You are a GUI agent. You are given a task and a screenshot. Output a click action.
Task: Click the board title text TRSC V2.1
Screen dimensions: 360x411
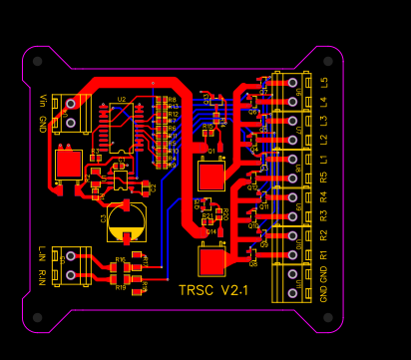pos(212,290)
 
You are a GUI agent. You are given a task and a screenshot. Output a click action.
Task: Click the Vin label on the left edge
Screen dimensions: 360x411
pos(42,102)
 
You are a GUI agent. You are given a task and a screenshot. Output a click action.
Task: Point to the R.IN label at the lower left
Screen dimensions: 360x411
pos(42,273)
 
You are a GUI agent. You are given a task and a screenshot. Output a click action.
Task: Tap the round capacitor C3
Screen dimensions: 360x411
pos(127,221)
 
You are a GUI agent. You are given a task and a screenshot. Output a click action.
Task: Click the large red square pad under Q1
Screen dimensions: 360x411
pos(211,177)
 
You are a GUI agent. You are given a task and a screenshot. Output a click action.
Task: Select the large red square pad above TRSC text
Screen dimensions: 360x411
pos(211,261)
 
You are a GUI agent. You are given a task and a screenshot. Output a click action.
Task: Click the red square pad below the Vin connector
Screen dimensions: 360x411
pos(69,163)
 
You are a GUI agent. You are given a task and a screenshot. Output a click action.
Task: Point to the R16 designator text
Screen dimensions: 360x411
pos(120,259)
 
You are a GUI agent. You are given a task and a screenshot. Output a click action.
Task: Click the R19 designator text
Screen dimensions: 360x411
pos(120,287)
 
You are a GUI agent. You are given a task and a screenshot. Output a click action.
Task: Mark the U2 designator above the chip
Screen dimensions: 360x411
pos(121,100)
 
